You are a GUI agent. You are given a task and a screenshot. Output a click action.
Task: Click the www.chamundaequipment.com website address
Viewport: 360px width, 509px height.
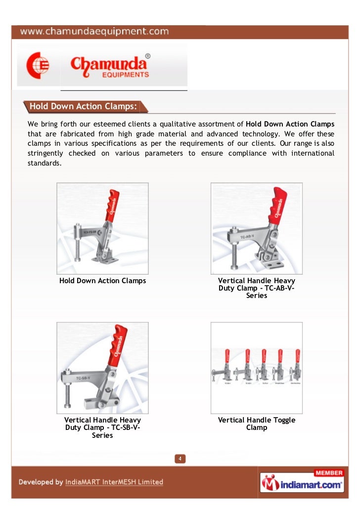[94, 32]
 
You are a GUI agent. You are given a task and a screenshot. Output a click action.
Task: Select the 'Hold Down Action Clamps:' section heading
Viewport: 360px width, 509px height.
[83, 106]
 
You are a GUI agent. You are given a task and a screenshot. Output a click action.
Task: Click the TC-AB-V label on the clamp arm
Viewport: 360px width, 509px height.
[248, 237]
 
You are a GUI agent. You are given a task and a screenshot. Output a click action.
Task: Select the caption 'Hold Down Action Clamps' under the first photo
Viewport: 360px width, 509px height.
[102, 281]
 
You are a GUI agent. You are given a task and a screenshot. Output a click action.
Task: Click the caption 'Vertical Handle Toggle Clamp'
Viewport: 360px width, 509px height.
[257, 424]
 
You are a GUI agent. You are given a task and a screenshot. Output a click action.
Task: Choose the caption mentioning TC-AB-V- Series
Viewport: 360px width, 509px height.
[257, 288]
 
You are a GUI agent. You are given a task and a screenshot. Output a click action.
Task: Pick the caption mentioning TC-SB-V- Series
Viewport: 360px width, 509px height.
[102, 427]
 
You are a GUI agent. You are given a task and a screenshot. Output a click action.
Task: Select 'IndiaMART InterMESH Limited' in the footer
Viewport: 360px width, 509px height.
[114, 482]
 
